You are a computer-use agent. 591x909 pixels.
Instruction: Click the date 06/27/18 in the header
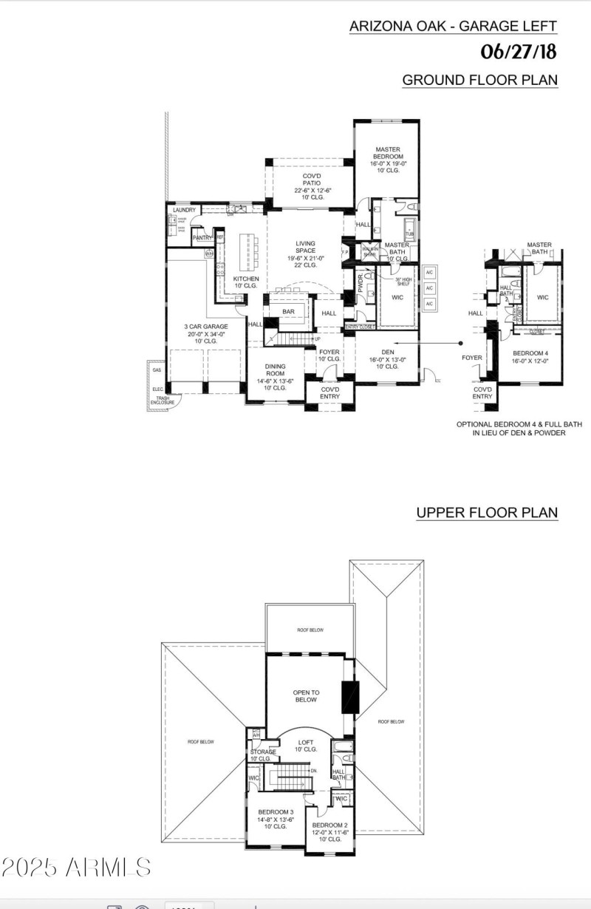click(x=518, y=52)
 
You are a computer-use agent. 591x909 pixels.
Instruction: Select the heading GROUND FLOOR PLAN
click(x=479, y=80)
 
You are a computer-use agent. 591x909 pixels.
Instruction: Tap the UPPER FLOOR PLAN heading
click(x=486, y=512)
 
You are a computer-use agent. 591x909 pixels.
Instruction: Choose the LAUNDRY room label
click(x=184, y=211)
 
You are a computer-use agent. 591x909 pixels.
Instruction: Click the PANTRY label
click(x=202, y=238)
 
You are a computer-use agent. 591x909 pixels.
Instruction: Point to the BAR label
click(x=288, y=312)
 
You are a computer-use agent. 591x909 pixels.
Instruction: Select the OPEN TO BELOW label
click(x=305, y=695)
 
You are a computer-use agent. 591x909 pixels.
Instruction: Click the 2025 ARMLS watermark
click(x=76, y=868)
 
